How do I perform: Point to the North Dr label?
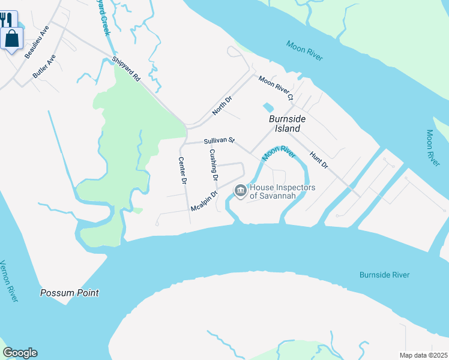click(221, 105)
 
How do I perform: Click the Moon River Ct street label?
click(276, 88)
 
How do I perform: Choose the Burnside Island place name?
click(287, 124)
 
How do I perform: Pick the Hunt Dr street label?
click(319, 160)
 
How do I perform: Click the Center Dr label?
click(183, 170)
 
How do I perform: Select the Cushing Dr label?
click(213, 164)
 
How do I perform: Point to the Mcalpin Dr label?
click(203, 201)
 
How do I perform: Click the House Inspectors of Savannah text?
click(282, 191)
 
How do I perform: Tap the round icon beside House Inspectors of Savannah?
click(240, 191)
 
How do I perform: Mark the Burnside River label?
click(384, 275)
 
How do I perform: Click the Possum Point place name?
click(69, 293)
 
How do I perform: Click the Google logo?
click(20, 353)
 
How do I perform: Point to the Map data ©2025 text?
click(423, 355)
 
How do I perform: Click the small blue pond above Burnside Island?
click(267, 108)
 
